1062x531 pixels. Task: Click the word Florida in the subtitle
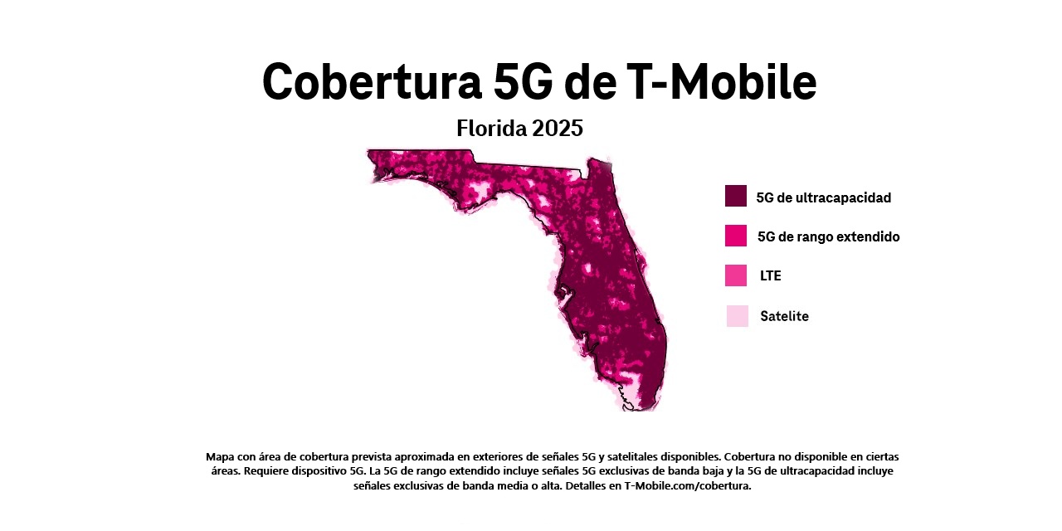(x=490, y=129)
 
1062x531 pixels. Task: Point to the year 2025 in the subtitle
(x=558, y=129)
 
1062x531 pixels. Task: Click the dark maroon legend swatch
(x=736, y=196)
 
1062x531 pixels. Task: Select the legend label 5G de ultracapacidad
(x=823, y=197)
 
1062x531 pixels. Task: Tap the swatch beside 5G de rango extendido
(x=736, y=236)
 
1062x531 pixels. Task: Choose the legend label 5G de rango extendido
(x=828, y=236)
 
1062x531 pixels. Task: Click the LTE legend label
(x=770, y=275)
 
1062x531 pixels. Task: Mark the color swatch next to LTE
(x=736, y=275)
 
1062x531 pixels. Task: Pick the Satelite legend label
(x=784, y=316)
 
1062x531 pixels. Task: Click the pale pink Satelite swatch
(x=737, y=316)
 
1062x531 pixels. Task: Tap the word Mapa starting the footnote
(x=220, y=456)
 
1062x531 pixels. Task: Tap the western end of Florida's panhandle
(x=372, y=154)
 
